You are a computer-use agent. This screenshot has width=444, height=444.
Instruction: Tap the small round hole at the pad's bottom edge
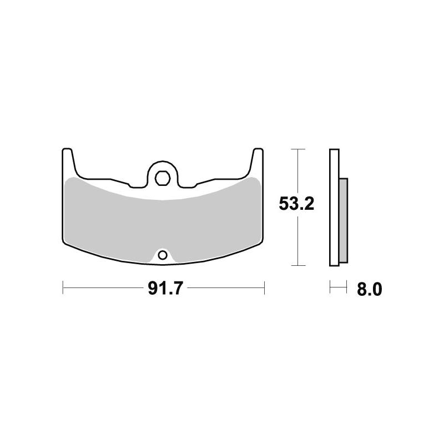tap(162, 255)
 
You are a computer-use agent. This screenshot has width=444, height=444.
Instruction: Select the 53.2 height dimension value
tap(296, 204)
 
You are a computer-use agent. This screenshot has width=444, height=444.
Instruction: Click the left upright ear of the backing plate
tap(67, 161)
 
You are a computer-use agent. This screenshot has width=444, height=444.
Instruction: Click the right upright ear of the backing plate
tap(258, 161)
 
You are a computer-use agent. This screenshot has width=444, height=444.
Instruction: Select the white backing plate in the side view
tap(334, 208)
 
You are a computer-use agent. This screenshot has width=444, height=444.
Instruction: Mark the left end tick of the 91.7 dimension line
tap(63, 287)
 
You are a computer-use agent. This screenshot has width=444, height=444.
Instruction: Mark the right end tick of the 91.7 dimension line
tap(264, 287)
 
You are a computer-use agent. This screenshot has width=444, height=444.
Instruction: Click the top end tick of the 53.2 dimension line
tap(298, 149)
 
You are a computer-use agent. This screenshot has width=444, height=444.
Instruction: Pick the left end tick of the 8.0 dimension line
tap(331, 287)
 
